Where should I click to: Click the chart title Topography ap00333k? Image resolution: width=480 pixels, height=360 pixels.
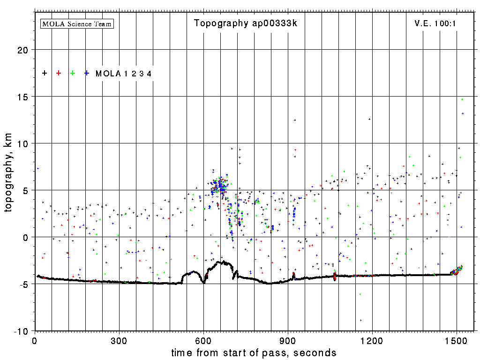coord(246,23)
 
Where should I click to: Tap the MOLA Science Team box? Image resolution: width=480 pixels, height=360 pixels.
coord(77,23)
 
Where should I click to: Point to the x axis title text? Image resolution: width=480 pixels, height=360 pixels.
coord(254,352)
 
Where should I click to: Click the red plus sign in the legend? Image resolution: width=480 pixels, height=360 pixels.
coord(59,73)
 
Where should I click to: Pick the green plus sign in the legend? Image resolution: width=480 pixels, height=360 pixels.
coord(73,73)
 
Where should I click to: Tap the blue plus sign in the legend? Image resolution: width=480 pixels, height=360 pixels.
coord(87,73)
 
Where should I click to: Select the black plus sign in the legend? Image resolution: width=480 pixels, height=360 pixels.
coord(45,73)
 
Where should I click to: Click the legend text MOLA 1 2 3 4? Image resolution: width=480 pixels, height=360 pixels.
coord(123,74)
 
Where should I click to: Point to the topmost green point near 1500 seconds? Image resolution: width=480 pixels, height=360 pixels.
coord(462,99)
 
